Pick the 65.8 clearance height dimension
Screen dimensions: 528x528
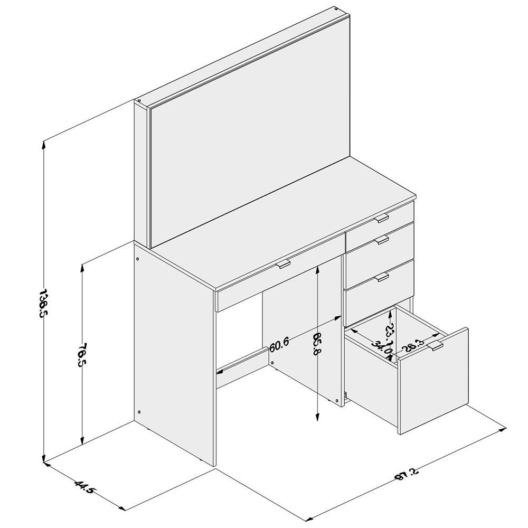[x=317, y=344]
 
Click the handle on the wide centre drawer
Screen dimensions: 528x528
[x=284, y=263]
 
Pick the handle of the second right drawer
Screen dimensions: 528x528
[x=382, y=240]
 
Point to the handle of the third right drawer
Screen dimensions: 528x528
[x=382, y=277]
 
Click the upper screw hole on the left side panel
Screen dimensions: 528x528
[x=138, y=259]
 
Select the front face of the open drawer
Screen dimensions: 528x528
[x=433, y=381]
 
